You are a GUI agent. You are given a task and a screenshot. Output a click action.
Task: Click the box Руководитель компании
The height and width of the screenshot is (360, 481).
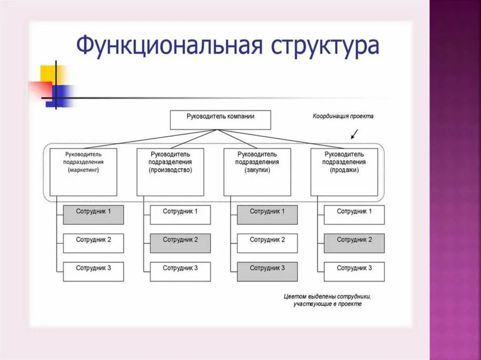click(220, 120)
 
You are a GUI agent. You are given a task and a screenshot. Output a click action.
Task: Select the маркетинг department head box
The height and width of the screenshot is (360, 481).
click(83, 172)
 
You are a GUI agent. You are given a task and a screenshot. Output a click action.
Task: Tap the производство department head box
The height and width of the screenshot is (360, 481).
click(171, 172)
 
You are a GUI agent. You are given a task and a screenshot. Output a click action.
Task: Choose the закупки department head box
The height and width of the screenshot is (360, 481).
click(257, 172)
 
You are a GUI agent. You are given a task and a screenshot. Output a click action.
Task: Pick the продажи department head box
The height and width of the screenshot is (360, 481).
click(344, 172)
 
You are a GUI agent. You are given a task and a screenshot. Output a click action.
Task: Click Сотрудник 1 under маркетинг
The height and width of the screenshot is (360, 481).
click(93, 214)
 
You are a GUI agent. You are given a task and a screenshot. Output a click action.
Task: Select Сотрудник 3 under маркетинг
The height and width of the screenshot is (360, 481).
click(93, 272)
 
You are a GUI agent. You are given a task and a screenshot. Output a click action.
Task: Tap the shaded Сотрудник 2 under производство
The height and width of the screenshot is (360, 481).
click(180, 243)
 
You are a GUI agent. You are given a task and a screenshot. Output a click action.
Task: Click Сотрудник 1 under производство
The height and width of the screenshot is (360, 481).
click(180, 214)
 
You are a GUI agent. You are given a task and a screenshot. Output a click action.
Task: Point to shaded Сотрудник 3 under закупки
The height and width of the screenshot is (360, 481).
click(267, 272)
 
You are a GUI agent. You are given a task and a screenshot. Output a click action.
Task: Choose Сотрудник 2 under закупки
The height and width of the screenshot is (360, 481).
click(267, 243)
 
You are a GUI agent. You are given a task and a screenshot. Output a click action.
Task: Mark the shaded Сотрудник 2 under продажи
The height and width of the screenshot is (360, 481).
click(354, 243)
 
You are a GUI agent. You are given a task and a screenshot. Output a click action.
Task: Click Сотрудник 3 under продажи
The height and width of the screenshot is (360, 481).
click(354, 272)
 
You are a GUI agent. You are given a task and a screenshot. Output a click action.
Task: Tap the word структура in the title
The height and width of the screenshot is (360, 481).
click(324, 47)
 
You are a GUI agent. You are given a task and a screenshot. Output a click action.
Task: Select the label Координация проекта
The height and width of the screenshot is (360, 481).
click(343, 116)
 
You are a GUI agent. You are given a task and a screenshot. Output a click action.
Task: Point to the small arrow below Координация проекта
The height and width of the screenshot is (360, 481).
click(354, 134)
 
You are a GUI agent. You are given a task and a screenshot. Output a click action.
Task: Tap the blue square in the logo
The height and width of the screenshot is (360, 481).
click(61, 95)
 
